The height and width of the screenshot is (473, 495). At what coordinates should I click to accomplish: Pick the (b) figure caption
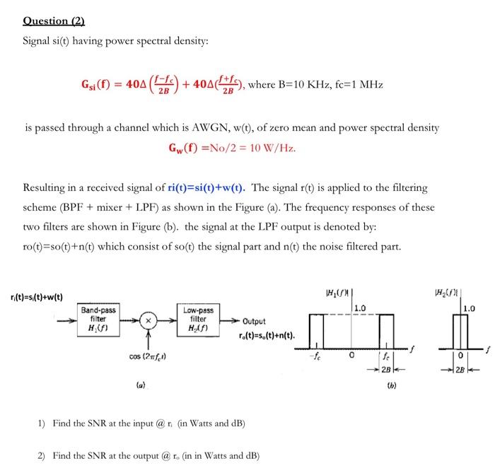tap(391, 387)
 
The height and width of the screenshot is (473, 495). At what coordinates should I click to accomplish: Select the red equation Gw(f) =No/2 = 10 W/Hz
tap(232, 148)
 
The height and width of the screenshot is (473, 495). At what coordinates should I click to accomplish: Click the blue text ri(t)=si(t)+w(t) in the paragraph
tap(207, 188)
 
